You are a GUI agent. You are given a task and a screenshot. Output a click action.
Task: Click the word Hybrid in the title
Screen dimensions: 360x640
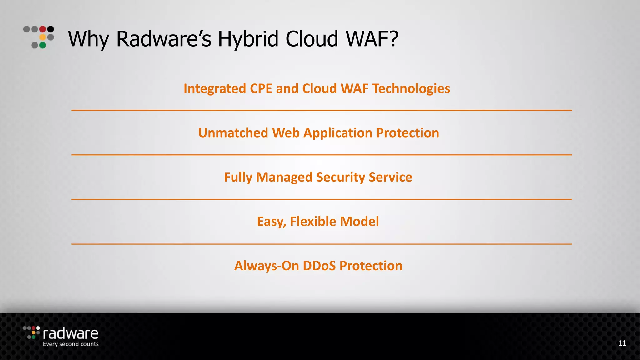click(248, 39)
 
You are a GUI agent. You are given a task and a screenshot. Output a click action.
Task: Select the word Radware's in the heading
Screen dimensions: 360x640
click(164, 39)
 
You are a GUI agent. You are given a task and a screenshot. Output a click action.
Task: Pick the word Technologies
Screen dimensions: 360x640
click(411, 89)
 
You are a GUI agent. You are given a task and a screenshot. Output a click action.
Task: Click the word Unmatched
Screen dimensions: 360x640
click(233, 133)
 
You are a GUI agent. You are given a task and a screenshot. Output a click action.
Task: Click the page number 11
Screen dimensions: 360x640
click(622, 343)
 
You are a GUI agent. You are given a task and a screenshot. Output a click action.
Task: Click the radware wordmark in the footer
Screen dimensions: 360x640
click(71, 334)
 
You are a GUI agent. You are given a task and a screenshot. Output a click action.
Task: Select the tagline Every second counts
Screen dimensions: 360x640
click(71, 344)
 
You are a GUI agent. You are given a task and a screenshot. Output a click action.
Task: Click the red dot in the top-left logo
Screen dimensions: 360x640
click(43, 29)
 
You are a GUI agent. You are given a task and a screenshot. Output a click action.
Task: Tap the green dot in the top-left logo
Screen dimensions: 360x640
click(43, 45)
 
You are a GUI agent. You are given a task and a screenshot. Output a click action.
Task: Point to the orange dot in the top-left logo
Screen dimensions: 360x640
click(43, 37)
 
